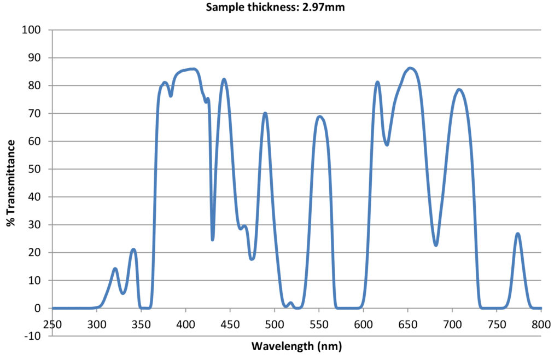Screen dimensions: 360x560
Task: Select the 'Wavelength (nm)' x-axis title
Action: pyautogui.click(x=296, y=346)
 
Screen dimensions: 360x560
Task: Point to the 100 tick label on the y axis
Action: pyautogui.click(x=32, y=30)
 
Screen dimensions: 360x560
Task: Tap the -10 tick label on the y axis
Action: pyautogui.click(x=33, y=336)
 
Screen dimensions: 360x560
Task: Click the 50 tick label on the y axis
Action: pyautogui.click(x=34, y=169)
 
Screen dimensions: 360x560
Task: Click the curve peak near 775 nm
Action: pyautogui.click(x=517, y=234)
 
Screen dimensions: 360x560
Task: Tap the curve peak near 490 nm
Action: pyautogui.click(x=265, y=113)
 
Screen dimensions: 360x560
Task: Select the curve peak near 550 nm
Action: pyautogui.click(x=319, y=117)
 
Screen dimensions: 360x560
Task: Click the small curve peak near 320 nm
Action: pyautogui.click(x=115, y=269)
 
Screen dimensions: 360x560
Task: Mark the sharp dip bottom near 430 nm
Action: pyautogui.click(x=212, y=239)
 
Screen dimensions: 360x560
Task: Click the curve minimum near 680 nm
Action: pyautogui.click(x=436, y=245)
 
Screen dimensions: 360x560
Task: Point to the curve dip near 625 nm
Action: pyautogui.click(x=387, y=145)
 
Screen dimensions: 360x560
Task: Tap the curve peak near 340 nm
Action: pyautogui.click(x=133, y=249)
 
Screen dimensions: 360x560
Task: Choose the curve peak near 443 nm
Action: pyautogui.click(x=224, y=79)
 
